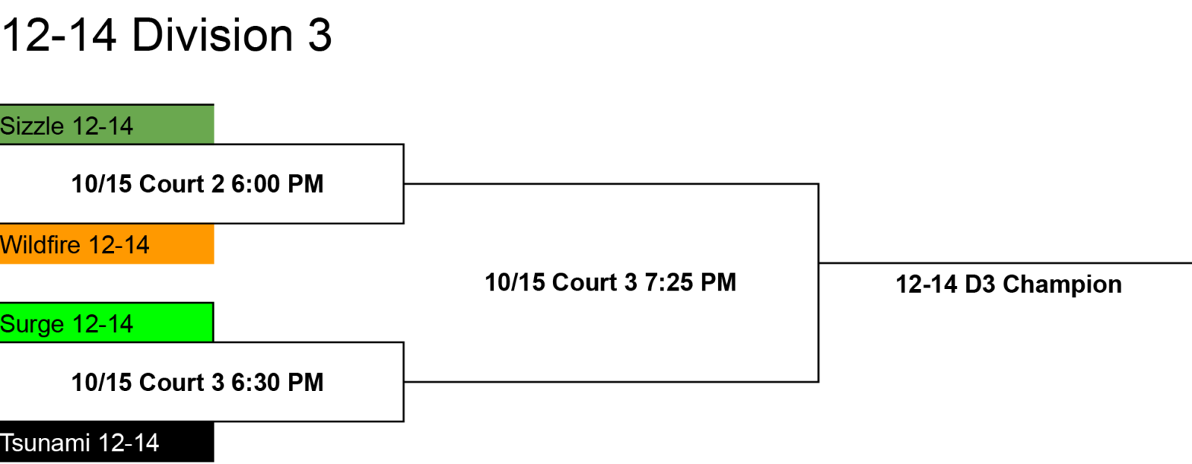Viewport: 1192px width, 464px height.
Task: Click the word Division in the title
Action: [x=212, y=35]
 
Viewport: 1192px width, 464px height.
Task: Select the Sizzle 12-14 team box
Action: [x=107, y=124]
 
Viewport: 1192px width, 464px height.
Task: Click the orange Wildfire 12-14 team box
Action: [x=107, y=244]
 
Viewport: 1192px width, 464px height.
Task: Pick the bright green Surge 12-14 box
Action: [x=107, y=322]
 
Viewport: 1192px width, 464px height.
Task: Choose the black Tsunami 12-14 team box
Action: [x=107, y=442]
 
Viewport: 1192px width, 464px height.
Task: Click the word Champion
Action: [x=1062, y=285]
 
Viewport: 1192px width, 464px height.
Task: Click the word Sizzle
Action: [x=32, y=126]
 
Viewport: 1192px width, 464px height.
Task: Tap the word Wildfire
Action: [x=40, y=245]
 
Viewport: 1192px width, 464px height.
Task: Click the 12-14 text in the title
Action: [x=59, y=36]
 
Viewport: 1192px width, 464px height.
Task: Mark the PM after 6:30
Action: [x=305, y=383]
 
